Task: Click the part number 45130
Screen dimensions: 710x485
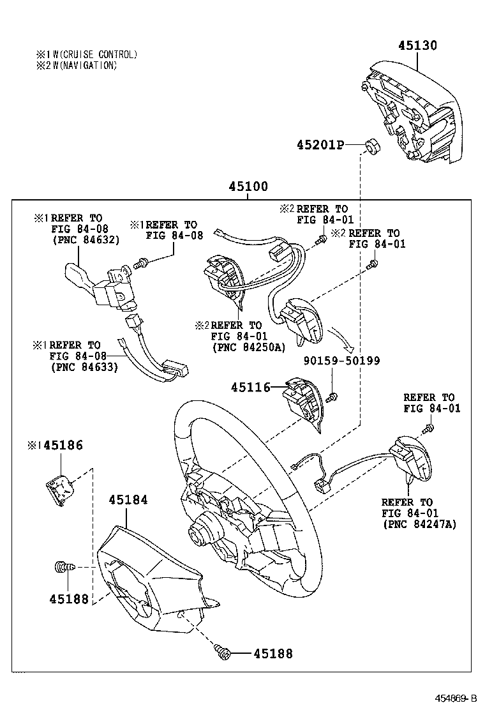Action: click(x=418, y=45)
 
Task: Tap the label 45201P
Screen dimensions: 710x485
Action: click(x=320, y=146)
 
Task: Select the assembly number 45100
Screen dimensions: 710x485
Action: click(x=249, y=187)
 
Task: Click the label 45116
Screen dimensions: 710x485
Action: click(x=251, y=387)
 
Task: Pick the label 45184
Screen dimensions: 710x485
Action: click(x=128, y=500)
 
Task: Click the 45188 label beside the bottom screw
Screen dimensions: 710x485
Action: click(x=273, y=653)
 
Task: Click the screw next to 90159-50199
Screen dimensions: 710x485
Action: click(x=332, y=397)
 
